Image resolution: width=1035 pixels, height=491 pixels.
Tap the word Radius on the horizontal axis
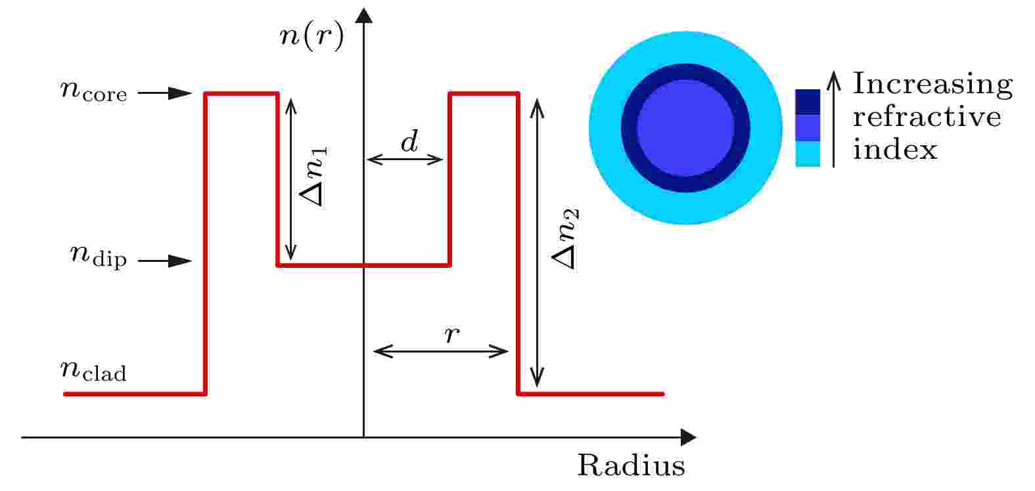tap(631, 465)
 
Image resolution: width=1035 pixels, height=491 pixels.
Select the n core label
tap(93, 90)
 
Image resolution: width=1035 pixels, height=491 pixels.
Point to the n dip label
tap(98, 256)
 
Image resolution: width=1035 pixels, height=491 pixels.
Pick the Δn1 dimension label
tap(313, 177)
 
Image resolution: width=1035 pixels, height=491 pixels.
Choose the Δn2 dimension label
tap(565, 238)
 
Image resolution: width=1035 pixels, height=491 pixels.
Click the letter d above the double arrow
tap(409, 141)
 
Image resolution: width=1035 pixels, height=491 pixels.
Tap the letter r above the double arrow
tap(452, 335)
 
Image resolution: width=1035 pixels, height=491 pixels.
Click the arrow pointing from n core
tap(164, 93)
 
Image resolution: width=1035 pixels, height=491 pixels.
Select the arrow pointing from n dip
tap(164, 261)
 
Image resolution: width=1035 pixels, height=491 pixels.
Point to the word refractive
tap(927, 117)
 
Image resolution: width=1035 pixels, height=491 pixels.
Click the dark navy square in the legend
tap(808, 102)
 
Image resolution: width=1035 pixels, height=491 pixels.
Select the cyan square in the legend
tap(808, 154)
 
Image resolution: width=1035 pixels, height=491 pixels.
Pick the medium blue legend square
tap(808, 127)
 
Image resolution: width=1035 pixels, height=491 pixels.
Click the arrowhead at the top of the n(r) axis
tap(364, 15)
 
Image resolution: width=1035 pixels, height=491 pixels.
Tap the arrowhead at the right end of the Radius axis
tap(689, 437)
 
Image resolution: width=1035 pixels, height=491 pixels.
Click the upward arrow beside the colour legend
tap(833, 119)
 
